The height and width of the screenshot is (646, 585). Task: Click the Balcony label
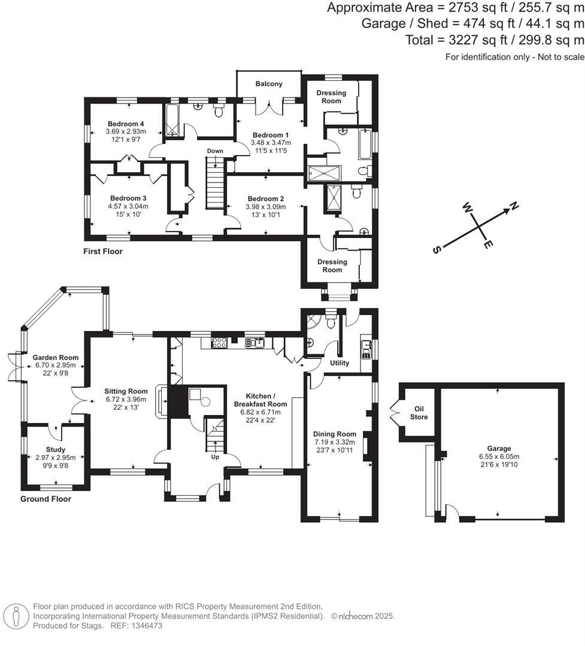point(269,84)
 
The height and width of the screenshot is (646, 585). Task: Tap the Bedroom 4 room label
point(126,124)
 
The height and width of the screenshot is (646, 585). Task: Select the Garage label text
point(499,449)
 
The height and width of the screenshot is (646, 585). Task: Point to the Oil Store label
point(419,413)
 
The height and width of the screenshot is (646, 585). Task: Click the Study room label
point(56,449)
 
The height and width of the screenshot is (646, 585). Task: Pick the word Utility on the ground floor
point(340,363)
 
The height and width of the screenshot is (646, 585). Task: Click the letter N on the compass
point(514,207)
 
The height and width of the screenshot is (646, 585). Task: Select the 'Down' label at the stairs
point(215,151)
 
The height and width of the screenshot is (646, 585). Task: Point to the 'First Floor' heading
point(102,251)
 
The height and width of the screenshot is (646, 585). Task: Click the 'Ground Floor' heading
point(46,499)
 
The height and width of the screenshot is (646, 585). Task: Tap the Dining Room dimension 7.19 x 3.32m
point(335,442)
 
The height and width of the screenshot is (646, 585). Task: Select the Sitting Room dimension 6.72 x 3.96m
point(126,400)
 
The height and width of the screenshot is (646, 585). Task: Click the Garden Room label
point(56,357)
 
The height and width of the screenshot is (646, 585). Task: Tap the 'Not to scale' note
point(556,57)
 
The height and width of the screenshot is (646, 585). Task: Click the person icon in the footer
point(16,615)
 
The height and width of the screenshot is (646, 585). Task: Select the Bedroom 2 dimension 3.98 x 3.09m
point(266,207)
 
